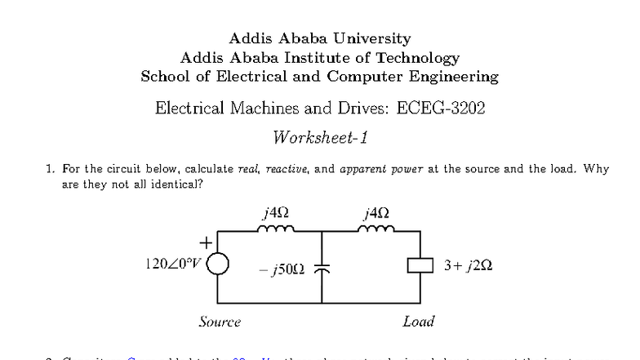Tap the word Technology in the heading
click(x=416, y=58)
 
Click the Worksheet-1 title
click(x=320, y=136)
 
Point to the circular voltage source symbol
click(x=217, y=265)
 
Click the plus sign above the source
click(x=207, y=242)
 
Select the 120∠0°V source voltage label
click(x=172, y=265)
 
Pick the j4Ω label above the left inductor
click(x=272, y=213)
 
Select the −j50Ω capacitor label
click(x=282, y=268)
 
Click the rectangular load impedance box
click(x=418, y=266)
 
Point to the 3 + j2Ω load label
click(x=468, y=266)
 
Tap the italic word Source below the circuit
click(x=220, y=322)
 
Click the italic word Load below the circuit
click(x=418, y=322)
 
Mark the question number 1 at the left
click(x=50, y=170)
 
